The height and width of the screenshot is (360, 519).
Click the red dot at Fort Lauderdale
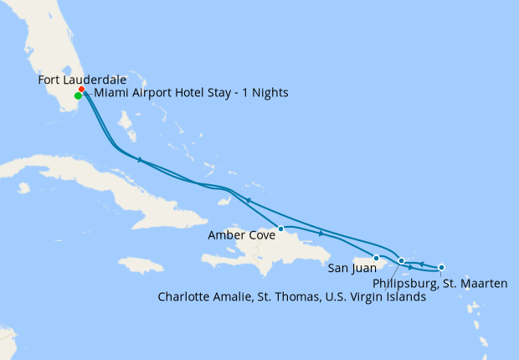(x=81, y=90)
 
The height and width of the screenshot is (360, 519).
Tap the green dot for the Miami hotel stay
(x=78, y=96)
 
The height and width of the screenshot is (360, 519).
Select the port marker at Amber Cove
(x=281, y=229)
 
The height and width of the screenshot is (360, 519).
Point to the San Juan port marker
(x=377, y=258)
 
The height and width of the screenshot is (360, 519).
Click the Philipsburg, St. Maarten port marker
(x=441, y=267)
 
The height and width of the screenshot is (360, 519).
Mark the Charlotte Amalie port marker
(x=402, y=261)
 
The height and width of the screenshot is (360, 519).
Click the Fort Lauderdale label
(x=81, y=80)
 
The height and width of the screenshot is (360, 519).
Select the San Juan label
(x=347, y=269)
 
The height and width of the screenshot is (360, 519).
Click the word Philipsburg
(x=403, y=284)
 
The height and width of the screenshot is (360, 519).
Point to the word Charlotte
(x=186, y=297)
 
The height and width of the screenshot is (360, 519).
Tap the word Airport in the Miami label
(x=148, y=93)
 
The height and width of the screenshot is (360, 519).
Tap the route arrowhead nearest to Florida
(x=141, y=160)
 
